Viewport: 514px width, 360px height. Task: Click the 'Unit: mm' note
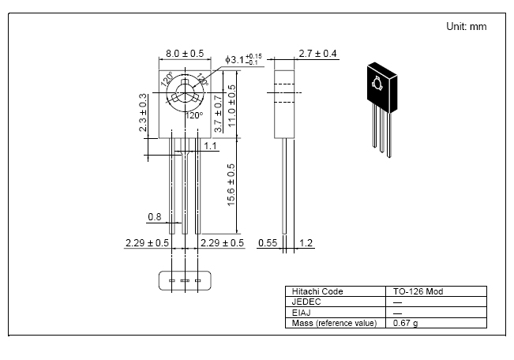coord(466,26)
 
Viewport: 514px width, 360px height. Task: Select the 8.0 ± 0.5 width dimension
coord(184,53)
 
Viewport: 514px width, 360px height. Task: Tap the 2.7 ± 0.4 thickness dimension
coord(318,54)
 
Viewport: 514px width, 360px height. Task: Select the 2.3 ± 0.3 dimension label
coord(143,112)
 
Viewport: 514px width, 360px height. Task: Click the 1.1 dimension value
coord(211,145)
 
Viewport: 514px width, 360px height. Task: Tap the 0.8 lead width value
coord(154,216)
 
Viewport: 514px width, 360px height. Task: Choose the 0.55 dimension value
coord(267,243)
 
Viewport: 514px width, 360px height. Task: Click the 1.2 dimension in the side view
coord(306,243)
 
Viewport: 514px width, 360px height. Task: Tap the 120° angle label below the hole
coord(193,115)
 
